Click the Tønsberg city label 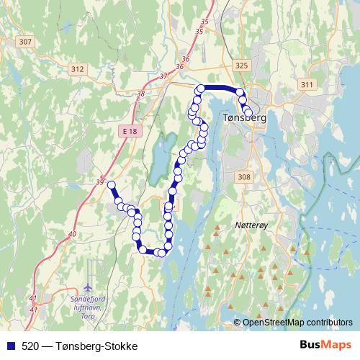[246, 120]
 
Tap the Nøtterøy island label [251, 225]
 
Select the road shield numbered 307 [25, 42]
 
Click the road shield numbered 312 [78, 69]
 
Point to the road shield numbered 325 [241, 66]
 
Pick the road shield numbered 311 [307, 85]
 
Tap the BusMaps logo [325, 346]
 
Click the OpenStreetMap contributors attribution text [297, 323]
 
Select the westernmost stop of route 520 [112, 185]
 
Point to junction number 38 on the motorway [140, 94]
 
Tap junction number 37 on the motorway [163, 76]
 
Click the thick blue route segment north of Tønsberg [220, 88]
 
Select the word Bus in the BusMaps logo [314, 346]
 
